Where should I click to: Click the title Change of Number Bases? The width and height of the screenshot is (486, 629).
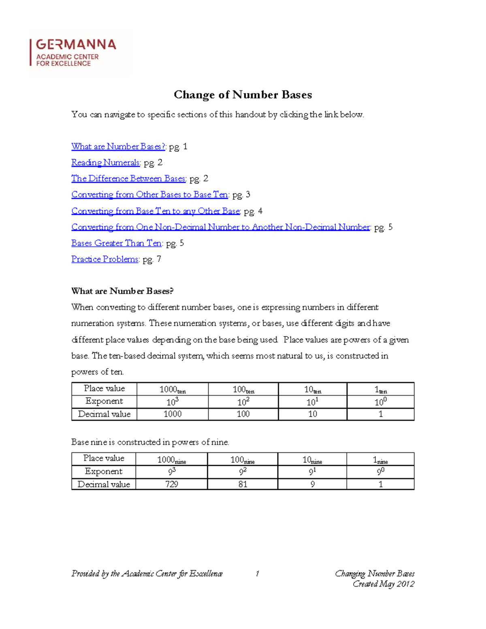(x=243, y=95)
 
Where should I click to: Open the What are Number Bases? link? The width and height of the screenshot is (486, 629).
(x=118, y=147)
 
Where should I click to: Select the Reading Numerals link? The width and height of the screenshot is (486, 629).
(x=105, y=162)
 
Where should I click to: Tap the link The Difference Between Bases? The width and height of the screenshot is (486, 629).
(x=128, y=179)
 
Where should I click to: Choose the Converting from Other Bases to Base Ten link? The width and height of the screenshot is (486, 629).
(x=150, y=195)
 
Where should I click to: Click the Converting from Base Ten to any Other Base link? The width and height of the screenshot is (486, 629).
(x=156, y=211)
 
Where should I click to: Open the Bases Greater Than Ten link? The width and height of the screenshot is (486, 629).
(x=117, y=243)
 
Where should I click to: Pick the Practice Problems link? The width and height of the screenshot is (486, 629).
(x=105, y=259)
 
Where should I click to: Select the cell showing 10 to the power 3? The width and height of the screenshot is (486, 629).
(x=173, y=402)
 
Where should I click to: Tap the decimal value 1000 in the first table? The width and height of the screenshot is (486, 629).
(x=173, y=414)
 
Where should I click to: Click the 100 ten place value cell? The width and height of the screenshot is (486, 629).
(x=243, y=389)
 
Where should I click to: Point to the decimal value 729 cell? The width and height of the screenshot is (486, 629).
(x=172, y=484)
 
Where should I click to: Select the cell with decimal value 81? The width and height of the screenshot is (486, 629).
(x=243, y=484)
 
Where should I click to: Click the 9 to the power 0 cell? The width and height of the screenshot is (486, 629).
(x=380, y=471)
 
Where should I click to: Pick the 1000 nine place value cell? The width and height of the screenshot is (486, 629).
(x=172, y=459)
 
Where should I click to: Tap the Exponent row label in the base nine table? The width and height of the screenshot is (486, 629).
(x=104, y=471)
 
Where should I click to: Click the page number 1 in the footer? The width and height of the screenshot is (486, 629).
(x=257, y=574)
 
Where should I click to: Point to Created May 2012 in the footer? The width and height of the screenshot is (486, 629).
(x=383, y=584)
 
